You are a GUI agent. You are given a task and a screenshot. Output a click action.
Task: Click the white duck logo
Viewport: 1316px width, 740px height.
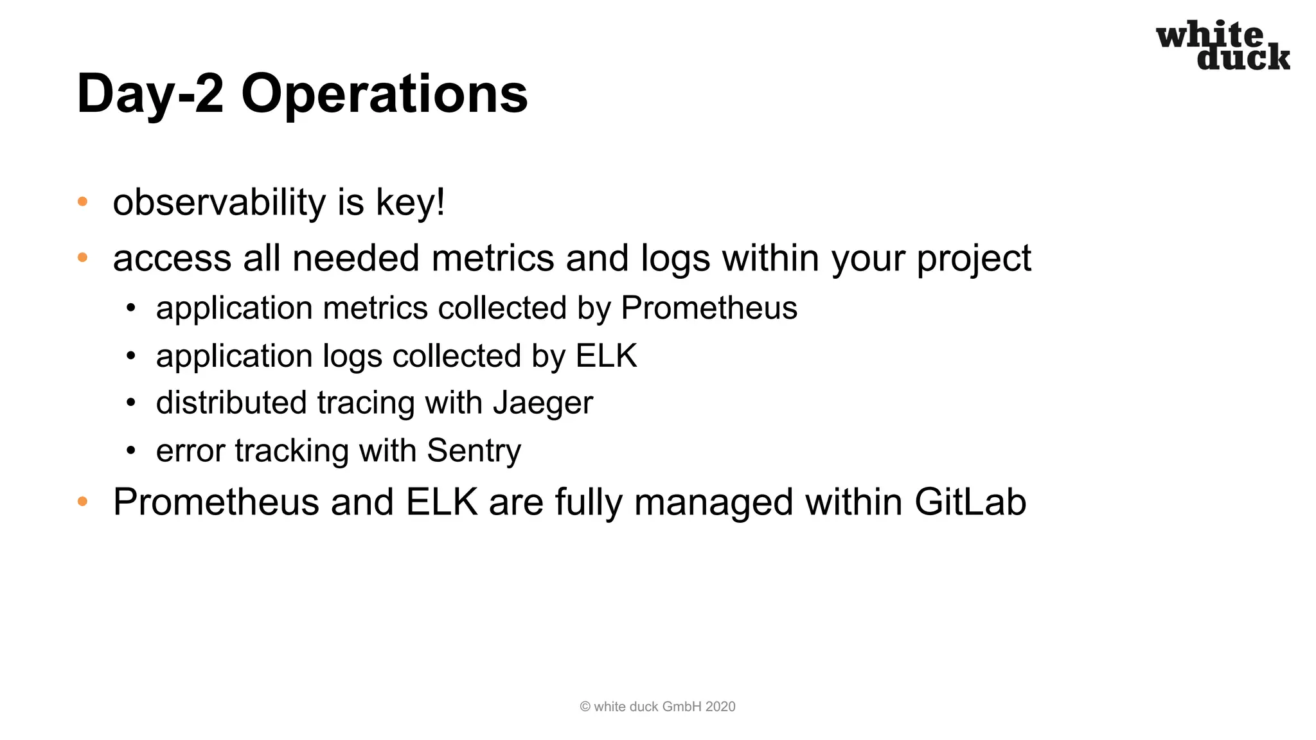click(1222, 45)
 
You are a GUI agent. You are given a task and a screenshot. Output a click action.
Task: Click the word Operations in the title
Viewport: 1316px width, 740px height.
click(384, 94)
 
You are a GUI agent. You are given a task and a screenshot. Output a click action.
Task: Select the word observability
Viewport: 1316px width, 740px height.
click(220, 202)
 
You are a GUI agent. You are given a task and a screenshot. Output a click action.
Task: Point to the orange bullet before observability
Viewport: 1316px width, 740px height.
click(82, 202)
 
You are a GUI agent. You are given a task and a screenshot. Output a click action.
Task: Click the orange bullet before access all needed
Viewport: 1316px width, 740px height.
click(82, 258)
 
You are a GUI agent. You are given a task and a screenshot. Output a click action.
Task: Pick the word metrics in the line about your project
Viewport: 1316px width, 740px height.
click(492, 258)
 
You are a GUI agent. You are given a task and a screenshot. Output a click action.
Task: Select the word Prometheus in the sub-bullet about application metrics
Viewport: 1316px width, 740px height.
click(709, 308)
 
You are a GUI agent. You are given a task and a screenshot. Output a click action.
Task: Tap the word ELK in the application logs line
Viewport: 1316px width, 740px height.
click(606, 356)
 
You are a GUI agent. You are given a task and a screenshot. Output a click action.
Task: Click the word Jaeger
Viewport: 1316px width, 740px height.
click(542, 403)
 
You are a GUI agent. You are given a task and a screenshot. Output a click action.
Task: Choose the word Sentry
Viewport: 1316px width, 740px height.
click(474, 450)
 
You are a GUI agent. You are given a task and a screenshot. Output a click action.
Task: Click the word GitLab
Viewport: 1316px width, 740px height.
click(970, 502)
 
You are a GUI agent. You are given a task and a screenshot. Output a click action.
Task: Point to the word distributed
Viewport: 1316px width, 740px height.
click(230, 403)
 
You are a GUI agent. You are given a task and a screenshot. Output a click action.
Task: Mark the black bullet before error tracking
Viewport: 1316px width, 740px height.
click(131, 451)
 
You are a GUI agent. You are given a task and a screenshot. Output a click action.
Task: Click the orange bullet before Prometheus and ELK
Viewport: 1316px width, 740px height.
click(82, 502)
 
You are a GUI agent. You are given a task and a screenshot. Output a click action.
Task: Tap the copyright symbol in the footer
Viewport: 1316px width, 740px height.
click(585, 707)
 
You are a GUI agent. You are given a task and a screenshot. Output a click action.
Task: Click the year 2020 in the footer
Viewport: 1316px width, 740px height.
click(720, 707)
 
